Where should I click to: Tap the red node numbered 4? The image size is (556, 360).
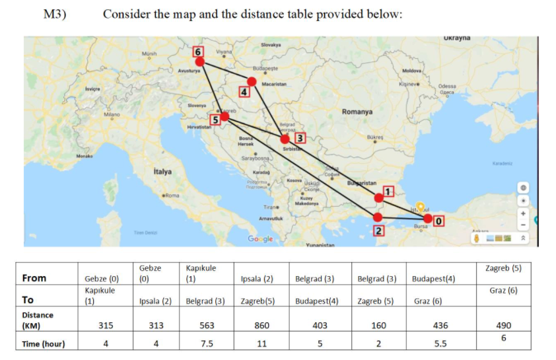pyautogui.click(x=252, y=81)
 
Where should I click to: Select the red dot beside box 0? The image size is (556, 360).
pyautogui.click(x=429, y=219)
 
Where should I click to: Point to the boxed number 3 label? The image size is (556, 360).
pyautogui.click(x=300, y=137)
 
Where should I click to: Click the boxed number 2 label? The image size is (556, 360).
pyautogui.click(x=379, y=231)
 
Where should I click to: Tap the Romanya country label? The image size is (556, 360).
pyautogui.click(x=357, y=112)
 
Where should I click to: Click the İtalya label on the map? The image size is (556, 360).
pyautogui.click(x=162, y=172)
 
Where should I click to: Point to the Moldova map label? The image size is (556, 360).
pyautogui.click(x=412, y=70)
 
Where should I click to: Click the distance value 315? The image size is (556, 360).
pyautogui.click(x=105, y=325)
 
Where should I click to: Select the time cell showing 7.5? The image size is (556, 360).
pyautogui.click(x=206, y=343)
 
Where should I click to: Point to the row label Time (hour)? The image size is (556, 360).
pyautogui.click(x=44, y=344)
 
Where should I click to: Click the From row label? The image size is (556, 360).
pyautogui.click(x=34, y=278)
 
